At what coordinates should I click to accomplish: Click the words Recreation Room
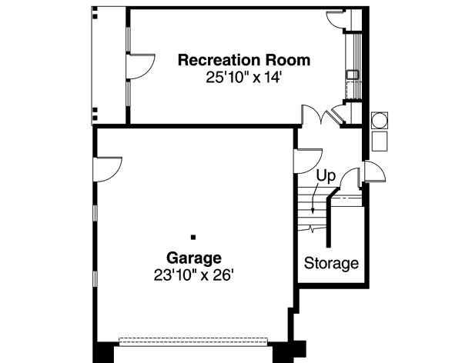pos(244,60)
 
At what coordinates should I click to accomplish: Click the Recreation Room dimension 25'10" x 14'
pos(244,77)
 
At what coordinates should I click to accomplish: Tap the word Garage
pos(194,258)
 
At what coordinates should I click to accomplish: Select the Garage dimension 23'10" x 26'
pos(194,274)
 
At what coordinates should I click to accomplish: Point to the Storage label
pos(331,264)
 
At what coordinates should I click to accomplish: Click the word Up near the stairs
pos(326,176)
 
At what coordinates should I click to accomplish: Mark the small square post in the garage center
pos(193,237)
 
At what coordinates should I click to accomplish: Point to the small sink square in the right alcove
pos(350,75)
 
